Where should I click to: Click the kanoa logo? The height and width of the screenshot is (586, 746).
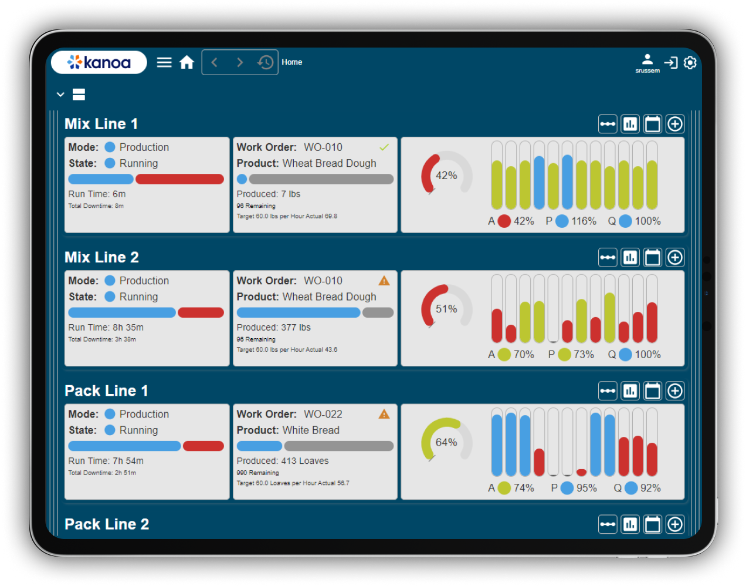click(x=99, y=62)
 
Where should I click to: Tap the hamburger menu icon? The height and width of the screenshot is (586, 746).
click(x=164, y=62)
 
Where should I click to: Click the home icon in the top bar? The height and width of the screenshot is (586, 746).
click(x=186, y=62)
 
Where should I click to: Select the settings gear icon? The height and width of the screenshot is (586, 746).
click(x=690, y=62)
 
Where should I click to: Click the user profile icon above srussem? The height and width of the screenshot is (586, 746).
click(x=647, y=59)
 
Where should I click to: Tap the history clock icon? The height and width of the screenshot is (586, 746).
click(x=265, y=62)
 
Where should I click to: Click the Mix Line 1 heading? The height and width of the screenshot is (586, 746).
click(x=101, y=124)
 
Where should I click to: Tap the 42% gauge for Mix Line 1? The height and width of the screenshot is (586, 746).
click(x=446, y=175)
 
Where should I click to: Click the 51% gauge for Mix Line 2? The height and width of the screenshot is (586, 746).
click(x=446, y=308)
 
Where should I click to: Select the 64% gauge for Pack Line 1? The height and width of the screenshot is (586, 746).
click(x=446, y=442)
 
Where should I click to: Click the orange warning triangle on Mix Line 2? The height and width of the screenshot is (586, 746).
click(x=384, y=281)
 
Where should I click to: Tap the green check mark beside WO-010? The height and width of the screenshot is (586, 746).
click(x=384, y=147)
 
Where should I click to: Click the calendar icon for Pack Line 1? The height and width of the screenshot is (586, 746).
click(x=653, y=391)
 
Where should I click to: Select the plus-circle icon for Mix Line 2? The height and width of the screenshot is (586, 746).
click(x=675, y=258)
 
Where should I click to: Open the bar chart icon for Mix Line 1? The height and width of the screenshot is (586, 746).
click(x=630, y=124)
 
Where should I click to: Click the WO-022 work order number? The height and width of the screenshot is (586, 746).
click(x=323, y=414)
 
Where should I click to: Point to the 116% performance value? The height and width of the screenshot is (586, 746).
click(x=584, y=221)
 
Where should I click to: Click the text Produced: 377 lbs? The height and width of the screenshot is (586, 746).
click(x=274, y=328)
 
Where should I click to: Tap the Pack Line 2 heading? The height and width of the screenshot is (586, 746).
click(x=107, y=524)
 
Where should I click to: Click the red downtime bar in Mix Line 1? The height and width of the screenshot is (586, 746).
click(x=179, y=179)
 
